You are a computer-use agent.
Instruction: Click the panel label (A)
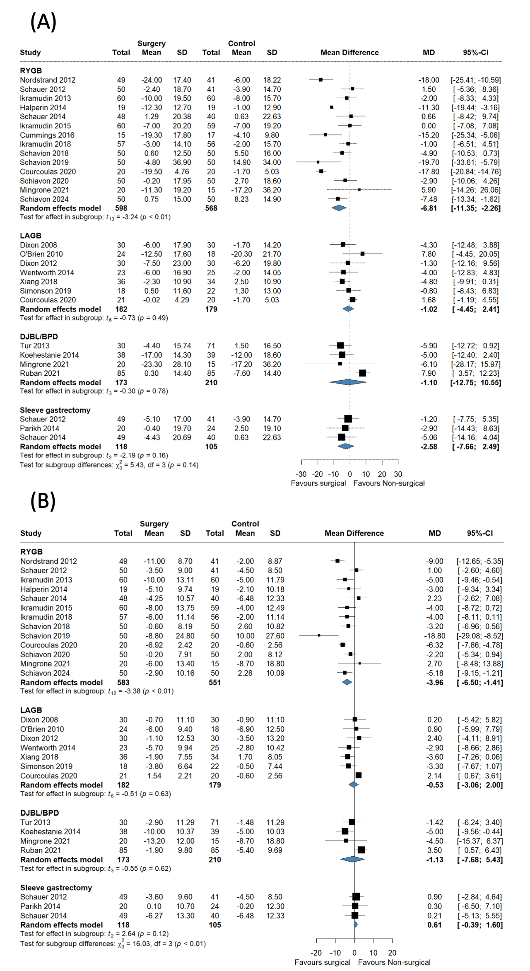(x=43, y=22)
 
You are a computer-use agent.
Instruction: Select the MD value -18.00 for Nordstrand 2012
(x=429, y=80)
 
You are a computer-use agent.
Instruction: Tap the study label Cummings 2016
(x=47, y=135)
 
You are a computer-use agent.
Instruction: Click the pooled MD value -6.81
(x=429, y=208)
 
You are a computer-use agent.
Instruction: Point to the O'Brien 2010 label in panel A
(x=41, y=254)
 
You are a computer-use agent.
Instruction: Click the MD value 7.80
(x=429, y=254)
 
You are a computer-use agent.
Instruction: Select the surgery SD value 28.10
(x=182, y=364)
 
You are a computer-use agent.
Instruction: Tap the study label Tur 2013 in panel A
(x=35, y=345)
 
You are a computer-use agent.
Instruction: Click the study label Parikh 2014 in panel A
(x=40, y=428)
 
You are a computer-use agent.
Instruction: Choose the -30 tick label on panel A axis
(x=301, y=474)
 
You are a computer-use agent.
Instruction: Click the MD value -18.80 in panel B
(x=434, y=636)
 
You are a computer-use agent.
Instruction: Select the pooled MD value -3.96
(x=434, y=682)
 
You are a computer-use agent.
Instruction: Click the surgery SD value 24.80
(x=185, y=636)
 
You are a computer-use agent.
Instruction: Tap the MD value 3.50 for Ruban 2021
(x=435, y=850)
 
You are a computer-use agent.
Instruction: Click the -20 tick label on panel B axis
(x=316, y=952)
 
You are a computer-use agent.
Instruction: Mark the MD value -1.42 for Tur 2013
(x=434, y=822)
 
